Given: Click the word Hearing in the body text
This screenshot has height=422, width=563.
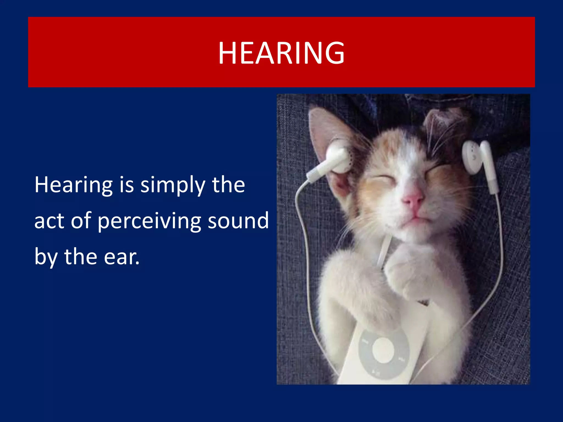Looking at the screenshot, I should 73,185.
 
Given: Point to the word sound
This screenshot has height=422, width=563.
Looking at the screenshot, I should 238,221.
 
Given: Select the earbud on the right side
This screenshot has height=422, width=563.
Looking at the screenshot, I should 474,158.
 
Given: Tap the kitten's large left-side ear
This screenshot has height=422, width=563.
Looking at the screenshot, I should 327,129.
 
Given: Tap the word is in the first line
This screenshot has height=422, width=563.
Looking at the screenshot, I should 126,185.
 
